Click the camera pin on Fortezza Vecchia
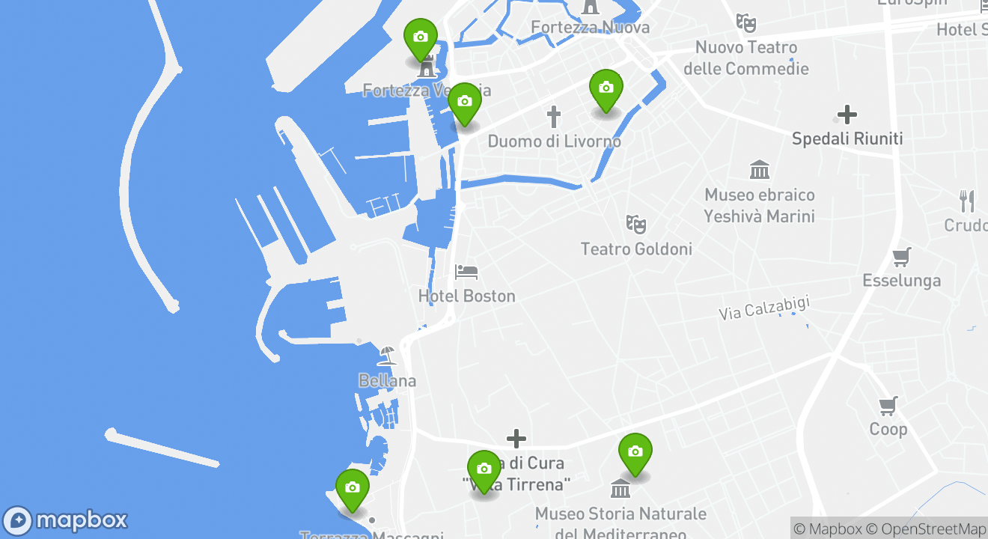[420, 37]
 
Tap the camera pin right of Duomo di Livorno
[606, 88]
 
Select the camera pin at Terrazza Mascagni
[352, 488]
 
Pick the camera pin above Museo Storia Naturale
[635, 452]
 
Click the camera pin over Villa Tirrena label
[484, 469]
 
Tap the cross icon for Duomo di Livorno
[553, 117]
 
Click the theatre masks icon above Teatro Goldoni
[636, 223]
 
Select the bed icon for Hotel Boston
[466, 272]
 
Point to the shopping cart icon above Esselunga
[901, 257]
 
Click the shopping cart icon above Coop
[888, 406]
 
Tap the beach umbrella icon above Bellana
[387, 355]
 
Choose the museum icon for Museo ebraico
[760, 170]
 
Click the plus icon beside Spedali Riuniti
[847, 115]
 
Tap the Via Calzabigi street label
[764, 308]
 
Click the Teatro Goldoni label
[636, 249]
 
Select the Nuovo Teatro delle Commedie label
[746, 58]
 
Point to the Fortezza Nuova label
[590, 28]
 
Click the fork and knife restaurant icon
[967, 201]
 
